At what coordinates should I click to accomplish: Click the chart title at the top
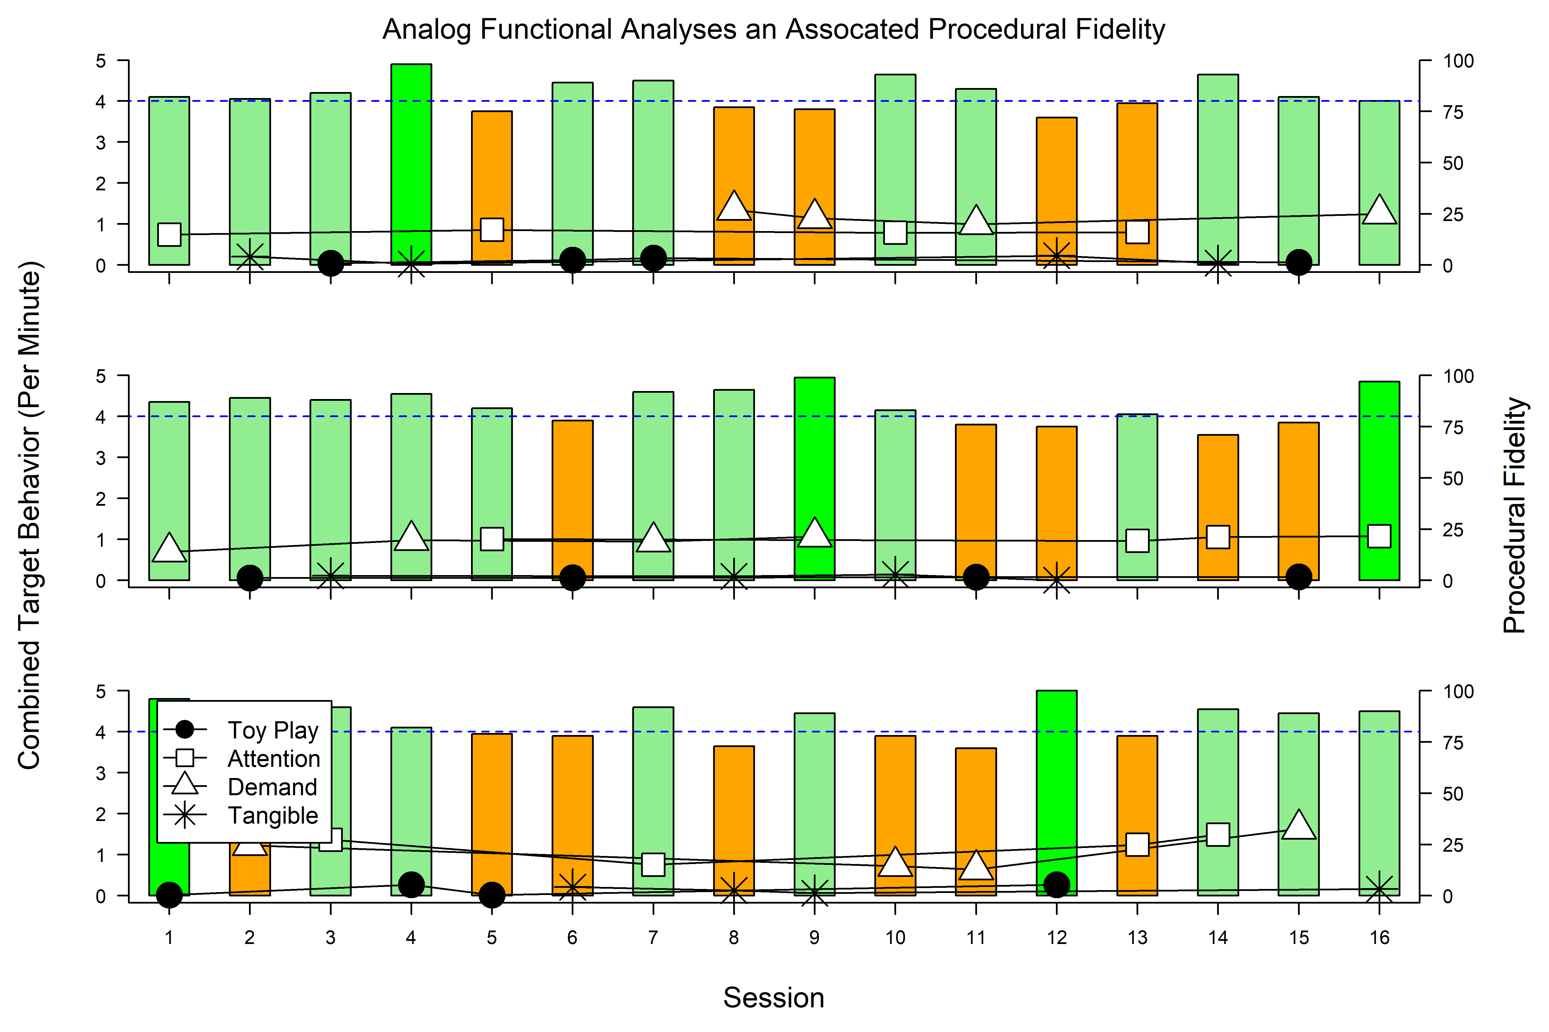tap(774, 30)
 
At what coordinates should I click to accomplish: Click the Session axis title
tap(774, 998)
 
